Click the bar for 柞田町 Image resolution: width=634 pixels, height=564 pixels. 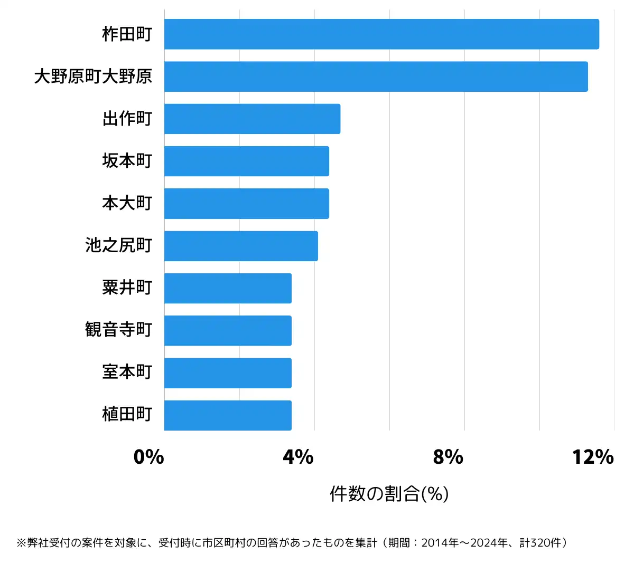[x=381, y=34]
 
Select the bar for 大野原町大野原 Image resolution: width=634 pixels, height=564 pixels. [x=376, y=77]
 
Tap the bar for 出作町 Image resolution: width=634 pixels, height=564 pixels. [x=252, y=119]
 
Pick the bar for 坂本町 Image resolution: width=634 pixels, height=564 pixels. [x=246, y=161]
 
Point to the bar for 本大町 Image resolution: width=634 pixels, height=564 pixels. [x=246, y=203]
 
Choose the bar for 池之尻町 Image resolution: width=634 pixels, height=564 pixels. [x=241, y=246]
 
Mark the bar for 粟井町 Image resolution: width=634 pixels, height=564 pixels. [x=228, y=288]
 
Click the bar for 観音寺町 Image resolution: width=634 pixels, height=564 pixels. [x=228, y=330]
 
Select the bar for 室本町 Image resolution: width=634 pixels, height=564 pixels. [x=228, y=373]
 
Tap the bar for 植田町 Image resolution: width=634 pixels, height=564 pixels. [x=228, y=415]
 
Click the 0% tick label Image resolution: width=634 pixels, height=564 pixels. [x=149, y=457]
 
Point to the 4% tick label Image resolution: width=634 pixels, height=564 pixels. [x=299, y=457]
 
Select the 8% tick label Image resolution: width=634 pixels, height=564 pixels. [x=448, y=457]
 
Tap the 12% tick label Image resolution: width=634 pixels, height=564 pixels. [x=593, y=457]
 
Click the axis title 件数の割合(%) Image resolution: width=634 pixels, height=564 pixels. [x=389, y=494]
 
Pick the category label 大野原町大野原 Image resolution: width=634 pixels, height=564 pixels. [x=93, y=77]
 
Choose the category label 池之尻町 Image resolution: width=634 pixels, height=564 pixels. [x=119, y=245]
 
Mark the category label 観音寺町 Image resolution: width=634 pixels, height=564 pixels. [x=119, y=330]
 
